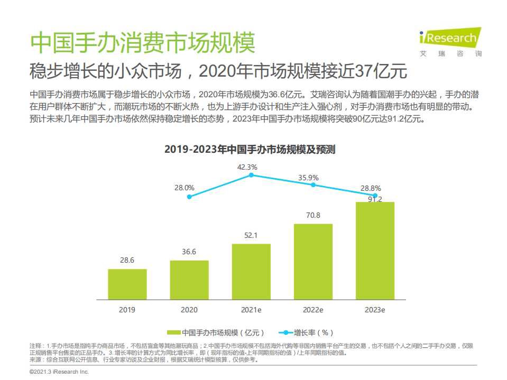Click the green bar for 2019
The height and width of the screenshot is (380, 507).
coord(127,284)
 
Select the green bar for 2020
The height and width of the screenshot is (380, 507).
coord(189,280)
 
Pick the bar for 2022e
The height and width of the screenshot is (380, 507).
coord(313,262)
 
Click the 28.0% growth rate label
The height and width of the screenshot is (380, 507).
coord(184,188)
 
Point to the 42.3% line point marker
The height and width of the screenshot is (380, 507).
coord(251,174)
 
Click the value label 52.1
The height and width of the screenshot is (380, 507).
coord(251,236)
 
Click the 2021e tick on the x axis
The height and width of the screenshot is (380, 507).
coord(251,310)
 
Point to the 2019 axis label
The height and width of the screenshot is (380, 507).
coord(127,310)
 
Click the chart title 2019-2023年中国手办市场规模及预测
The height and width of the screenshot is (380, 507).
coord(250,150)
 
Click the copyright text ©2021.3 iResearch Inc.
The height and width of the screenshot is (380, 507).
coord(59,372)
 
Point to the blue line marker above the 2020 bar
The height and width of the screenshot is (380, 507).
coord(189,197)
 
